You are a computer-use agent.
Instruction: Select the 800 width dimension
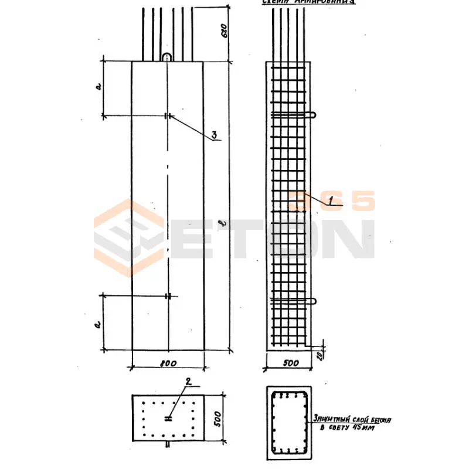point(168,363)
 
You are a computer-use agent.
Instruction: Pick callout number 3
point(215,135)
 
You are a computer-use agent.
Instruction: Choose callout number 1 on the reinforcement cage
point(331,202)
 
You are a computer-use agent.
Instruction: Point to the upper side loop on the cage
point(314,115)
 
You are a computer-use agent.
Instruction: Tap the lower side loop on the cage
point(314,301)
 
